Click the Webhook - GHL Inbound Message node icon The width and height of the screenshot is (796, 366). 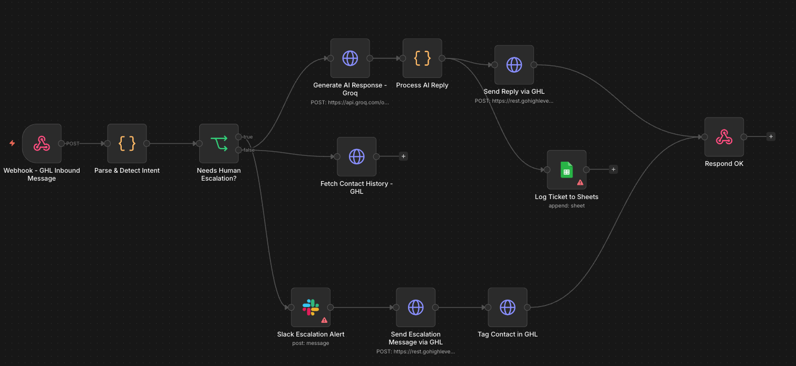click(x=42, y=143)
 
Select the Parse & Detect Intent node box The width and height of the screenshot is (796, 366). click(x=127, y=143)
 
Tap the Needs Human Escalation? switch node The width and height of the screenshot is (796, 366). click(x=219, y=143)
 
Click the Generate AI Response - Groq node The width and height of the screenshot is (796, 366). click(x=350, y=58)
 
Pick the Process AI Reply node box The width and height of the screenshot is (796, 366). click(x=422, y=58)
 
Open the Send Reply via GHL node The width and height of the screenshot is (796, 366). click(x=514, y=65)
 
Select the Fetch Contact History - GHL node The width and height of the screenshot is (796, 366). click(x=357, y=156)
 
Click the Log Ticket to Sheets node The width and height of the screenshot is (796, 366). click(x=567, y=170)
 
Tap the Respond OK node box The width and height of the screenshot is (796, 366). click(x=724, y=137)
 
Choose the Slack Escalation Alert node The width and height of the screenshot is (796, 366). click(x=310, y=307)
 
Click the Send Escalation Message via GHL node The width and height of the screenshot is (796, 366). click(x=415, y=307)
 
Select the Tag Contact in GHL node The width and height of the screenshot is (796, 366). click(x=507, y=307)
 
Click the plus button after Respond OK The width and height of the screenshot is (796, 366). click(x=771, y=136)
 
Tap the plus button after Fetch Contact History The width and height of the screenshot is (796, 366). click(x=403, y=156)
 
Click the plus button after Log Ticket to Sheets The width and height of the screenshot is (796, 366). click(x=613, y=170)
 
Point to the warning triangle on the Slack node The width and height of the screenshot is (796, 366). click(x=324, y=320)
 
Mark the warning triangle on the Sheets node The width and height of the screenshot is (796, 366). click(x=580, y=182)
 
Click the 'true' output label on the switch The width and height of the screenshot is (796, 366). click(x=248, y=137)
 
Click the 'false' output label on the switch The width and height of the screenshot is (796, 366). click(x=248, y=150)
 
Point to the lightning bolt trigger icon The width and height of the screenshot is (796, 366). click(x=12, y=143)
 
